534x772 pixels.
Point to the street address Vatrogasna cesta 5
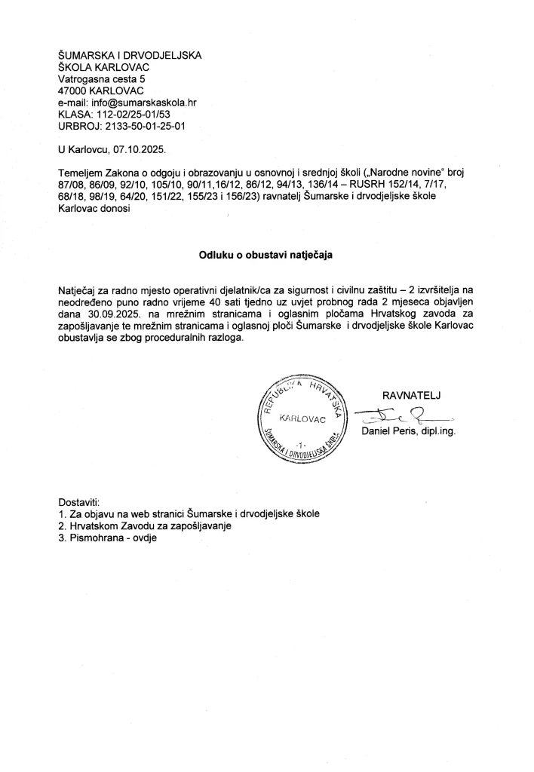click(x=103, y=78)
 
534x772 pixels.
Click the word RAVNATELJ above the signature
click(x=411, y=394)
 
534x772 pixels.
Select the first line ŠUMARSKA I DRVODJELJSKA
click(x=130, y=54)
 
